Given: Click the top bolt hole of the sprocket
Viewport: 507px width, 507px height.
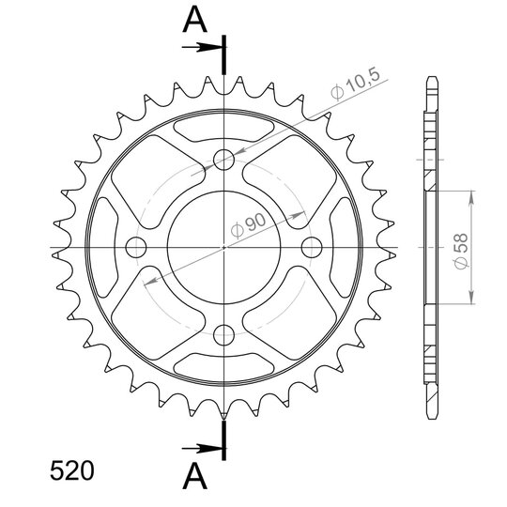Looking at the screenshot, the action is point(223,160).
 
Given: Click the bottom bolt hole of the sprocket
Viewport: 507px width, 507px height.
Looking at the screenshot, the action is point(223,335).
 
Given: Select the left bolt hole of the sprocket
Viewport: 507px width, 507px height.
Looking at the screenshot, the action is point(136,247).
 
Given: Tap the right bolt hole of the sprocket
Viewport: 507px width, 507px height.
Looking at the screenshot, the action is point(312,247).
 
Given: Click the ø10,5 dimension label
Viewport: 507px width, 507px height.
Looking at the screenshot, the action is point(355,84).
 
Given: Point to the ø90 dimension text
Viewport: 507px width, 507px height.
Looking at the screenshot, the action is point(248,225).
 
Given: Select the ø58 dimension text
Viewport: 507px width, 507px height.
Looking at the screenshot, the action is point(461,251).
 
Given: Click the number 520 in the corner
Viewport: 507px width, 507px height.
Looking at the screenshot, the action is point(71,470).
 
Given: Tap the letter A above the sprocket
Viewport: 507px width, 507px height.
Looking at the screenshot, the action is point(194,20).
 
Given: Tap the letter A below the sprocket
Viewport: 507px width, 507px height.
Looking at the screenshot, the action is point(194,476).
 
